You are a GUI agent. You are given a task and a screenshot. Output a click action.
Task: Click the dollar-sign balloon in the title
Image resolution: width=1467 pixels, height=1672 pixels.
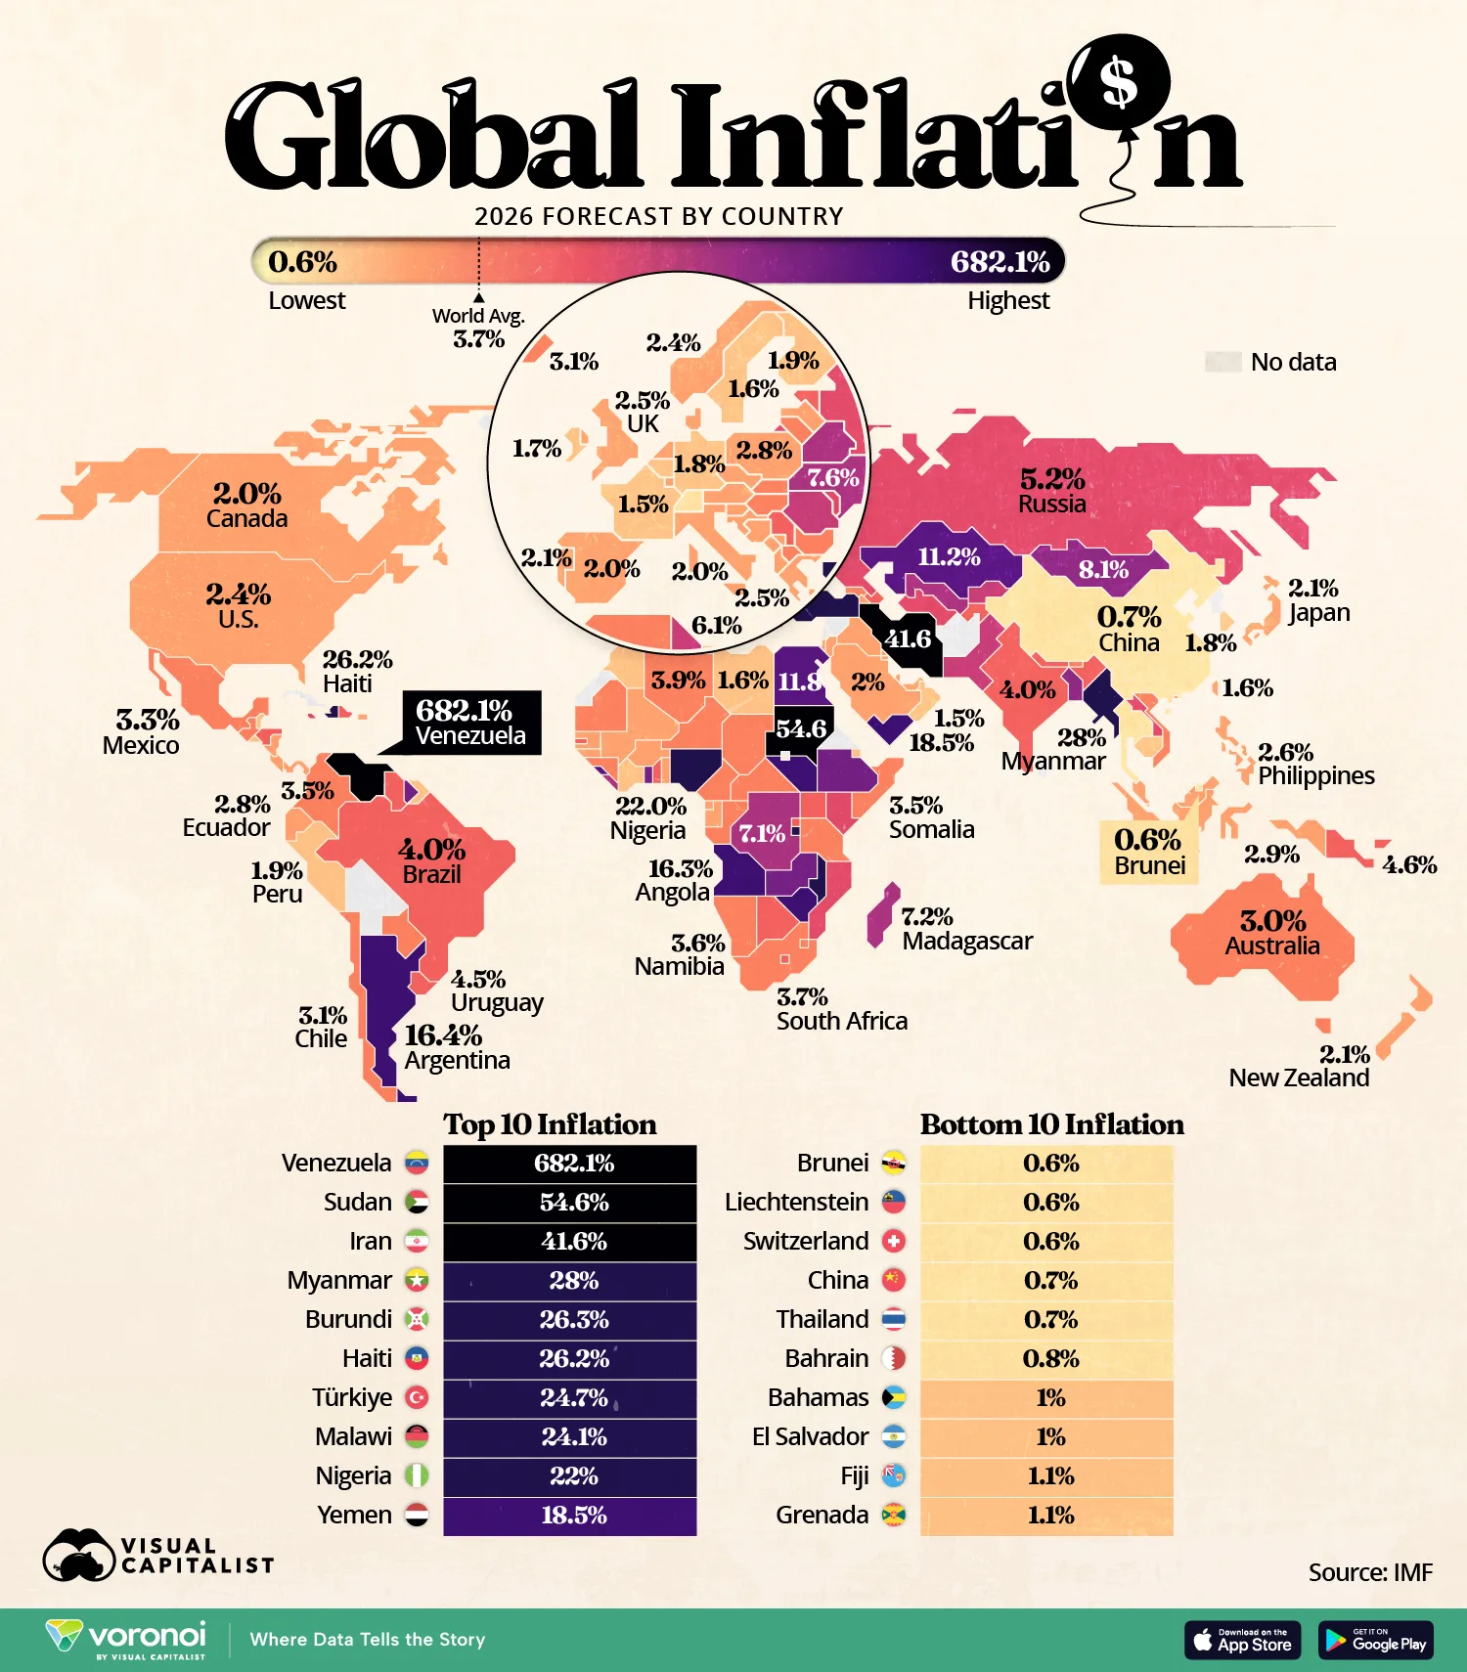click(x=1119, y=82)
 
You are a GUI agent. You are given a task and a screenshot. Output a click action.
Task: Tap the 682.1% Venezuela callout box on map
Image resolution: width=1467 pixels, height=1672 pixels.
click(x=471, y=723)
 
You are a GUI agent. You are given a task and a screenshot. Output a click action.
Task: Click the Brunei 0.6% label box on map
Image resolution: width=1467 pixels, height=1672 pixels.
click(x=1149, y=852)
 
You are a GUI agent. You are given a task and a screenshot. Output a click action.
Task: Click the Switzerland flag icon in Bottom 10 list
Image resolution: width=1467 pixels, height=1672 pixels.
click(x=893, y=1242)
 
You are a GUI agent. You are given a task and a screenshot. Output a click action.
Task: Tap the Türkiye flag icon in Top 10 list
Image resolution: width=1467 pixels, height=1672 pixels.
click(x=417, y=1398)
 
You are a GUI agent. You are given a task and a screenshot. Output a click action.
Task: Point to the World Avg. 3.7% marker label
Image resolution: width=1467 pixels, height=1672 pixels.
click(x=478, y=328)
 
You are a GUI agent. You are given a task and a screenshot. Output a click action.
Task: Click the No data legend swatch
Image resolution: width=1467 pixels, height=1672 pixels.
click(x=1222, y=362)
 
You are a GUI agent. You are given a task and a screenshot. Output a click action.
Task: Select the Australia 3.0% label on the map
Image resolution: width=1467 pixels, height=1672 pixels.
click(x=1272, y=932)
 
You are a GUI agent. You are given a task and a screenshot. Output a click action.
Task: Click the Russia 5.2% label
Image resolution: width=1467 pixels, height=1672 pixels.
click(x=1052, y=490)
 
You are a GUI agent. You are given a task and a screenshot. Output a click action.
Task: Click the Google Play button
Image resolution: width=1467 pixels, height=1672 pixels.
click(x=1376, y=1640)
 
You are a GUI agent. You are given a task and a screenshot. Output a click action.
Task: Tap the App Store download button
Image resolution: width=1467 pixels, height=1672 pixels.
click(x=1243, y=1640)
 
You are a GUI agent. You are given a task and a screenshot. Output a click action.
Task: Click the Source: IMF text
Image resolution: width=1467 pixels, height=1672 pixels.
click(x=1369, y=1572)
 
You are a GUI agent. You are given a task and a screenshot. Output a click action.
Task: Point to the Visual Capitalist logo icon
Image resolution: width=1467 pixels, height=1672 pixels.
click(x=78, y=1555)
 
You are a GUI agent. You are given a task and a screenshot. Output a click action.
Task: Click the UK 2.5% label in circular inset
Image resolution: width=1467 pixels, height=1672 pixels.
click(x=643, y=412)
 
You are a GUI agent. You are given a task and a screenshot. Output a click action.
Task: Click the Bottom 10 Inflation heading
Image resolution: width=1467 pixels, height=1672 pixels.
click(x=1051, y=1124)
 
